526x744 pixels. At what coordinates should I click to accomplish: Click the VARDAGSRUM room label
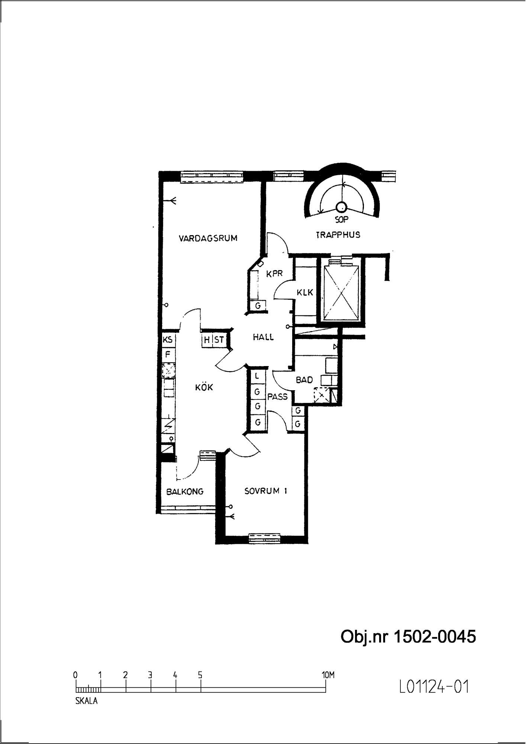tap(208, 238)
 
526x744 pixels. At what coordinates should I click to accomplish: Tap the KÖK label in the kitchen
tap(204, 387)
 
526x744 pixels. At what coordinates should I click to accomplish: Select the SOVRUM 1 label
tap(266, 491)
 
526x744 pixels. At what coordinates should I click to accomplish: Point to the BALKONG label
tap(185, 491)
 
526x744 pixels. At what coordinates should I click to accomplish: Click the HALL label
tap(263, 337)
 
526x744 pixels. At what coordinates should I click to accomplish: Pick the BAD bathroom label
tap(304, 380)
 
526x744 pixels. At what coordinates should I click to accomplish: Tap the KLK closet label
tap(305, 293)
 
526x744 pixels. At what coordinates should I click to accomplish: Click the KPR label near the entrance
tap(275, 273)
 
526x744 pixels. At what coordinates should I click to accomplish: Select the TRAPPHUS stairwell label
tap(338, 235)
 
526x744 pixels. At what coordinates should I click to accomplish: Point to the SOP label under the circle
tap(341, 220)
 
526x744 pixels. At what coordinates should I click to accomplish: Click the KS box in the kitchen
tap(168, 340)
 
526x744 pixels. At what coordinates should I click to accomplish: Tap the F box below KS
tap(168, 354)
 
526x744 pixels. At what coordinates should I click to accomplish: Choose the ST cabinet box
tap(219, 340)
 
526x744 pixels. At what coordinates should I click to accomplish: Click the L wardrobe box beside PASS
tap(257, 376)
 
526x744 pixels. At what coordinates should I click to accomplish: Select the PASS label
tap(277, 397)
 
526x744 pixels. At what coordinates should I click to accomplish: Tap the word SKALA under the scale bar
tap(87, 701)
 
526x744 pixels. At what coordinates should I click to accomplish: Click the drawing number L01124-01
tap(434, 687)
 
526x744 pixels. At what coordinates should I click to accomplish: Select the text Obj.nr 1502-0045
tap(408, 637)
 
